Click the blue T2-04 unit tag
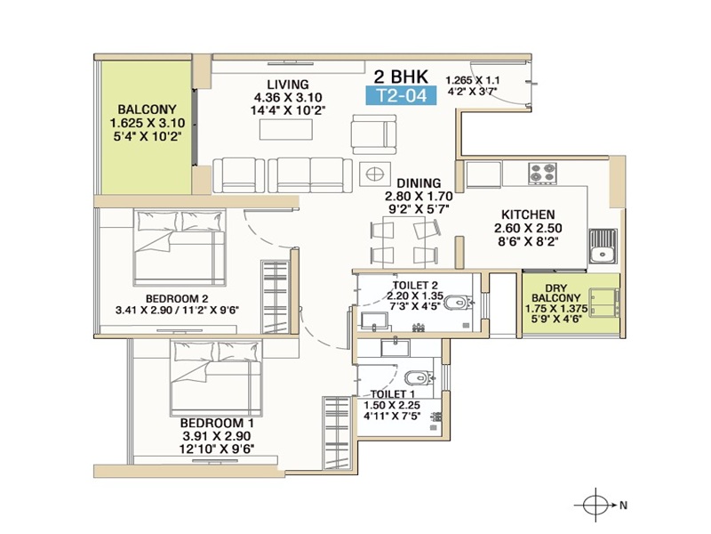pos(402,95)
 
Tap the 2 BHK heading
pos(401,76)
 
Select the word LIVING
pos(288,85)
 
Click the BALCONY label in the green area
pos(147,109)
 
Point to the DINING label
pos(419,183)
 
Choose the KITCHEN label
pos(528,214)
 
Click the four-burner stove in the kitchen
pos(543,174)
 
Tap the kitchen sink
pos(603,247)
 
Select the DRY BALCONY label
pos(556,293)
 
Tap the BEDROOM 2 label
pos(177,299)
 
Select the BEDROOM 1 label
pos(217,424)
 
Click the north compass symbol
pos(595,505)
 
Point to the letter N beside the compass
pos(624,505)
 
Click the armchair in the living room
pos(373,134)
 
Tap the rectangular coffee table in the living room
pos(285,129)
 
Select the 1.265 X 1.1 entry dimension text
pos(473,80)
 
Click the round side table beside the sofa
pos(374,174)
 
